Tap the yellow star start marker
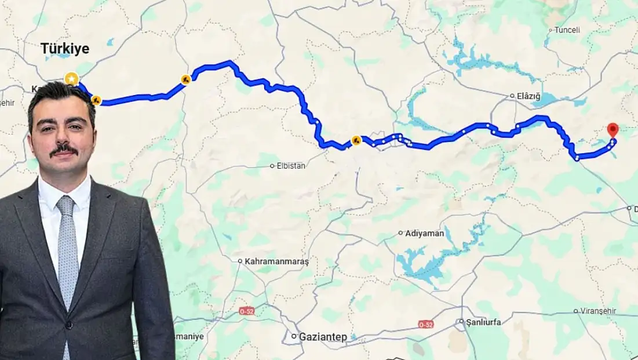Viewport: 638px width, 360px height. click(x=71, y=78)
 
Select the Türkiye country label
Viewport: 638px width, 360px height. click(x=65, y=49)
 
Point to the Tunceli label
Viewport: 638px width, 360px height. click(x=567, y=30)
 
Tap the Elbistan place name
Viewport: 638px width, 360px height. click(x=291, y=166)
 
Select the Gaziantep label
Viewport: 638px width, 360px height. click(x=323, y=337)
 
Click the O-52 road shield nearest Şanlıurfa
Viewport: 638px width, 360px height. click(x=425, y=324)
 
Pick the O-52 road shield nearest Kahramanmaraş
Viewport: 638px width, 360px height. click(x=247, y=312)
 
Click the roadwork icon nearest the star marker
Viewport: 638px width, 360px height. click(x=96, y=100)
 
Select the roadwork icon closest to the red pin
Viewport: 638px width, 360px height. click(x=356, y=140)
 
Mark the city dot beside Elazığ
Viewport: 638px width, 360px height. click(x=512, y=96)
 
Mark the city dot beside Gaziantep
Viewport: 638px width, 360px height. click(x=294, y=336)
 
